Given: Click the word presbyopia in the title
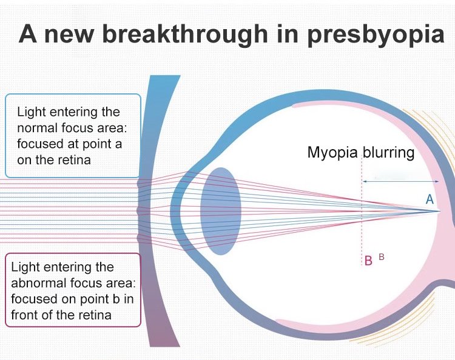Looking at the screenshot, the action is (376, 35).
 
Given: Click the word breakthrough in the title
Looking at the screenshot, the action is (185, 34).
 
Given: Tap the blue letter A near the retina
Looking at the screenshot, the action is (430, 199).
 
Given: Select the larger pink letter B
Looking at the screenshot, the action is (368, 261).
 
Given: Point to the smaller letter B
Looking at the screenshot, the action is (382, 256).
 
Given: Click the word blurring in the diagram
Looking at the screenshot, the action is (388, 153).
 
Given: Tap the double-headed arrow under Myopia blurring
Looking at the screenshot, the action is (401, 181).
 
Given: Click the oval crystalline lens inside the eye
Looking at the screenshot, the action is (221, 211).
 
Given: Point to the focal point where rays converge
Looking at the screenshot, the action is (440, 211).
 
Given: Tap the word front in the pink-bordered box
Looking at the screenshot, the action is (24, 315).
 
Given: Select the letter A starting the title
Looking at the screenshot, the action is (28, 34).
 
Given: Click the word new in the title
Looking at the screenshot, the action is (69, 36).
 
